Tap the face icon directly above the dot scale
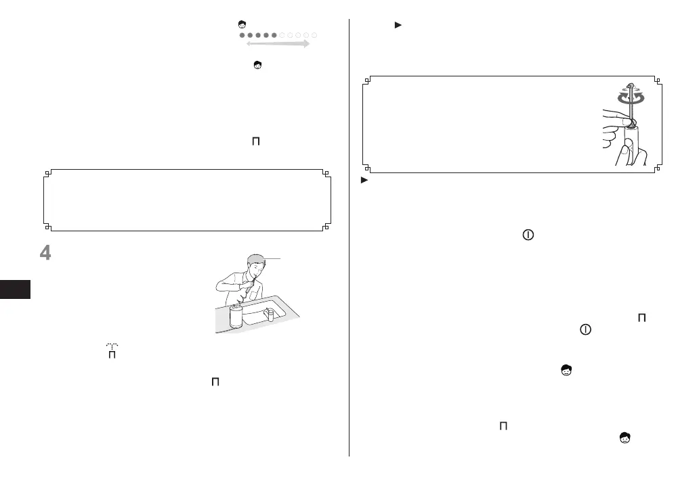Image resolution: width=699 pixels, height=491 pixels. [242, 24]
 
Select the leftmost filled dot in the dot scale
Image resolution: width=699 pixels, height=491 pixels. [242, 34]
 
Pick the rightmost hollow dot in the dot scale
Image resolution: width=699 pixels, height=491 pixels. [315, 34]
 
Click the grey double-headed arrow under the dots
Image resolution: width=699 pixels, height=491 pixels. [278, 44]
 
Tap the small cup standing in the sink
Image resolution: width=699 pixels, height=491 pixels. [269, 315]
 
